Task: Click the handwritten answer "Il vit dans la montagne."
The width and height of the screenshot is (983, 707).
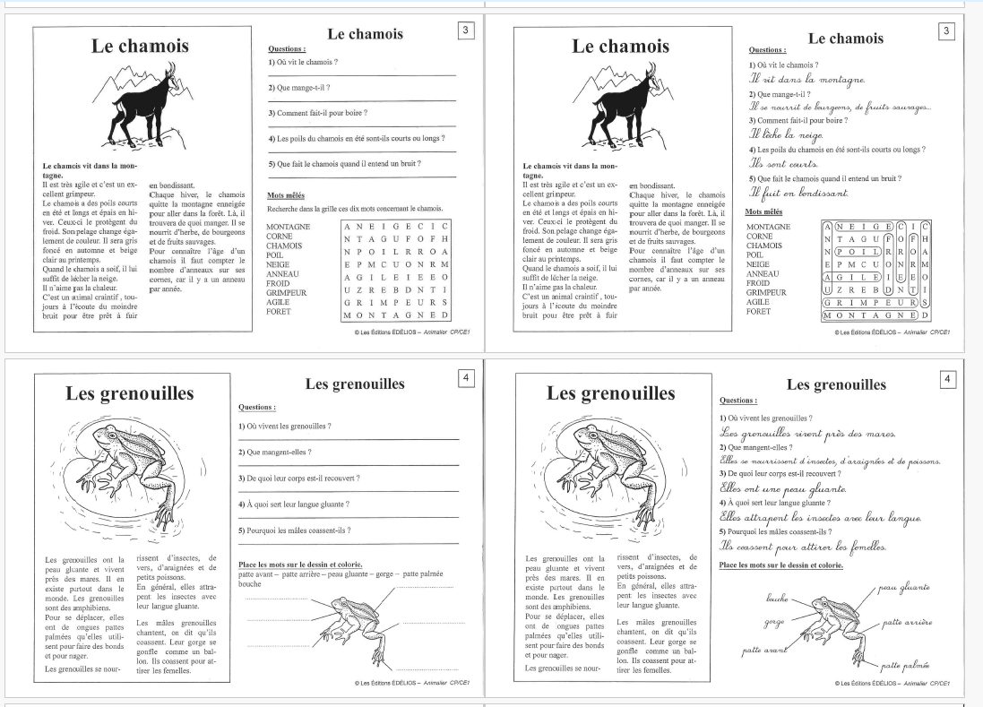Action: (x=806, y=80)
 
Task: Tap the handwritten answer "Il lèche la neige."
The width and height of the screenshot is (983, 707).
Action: (x=786, y=134)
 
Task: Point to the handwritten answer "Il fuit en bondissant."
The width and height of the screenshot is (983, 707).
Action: (x=798, y=193)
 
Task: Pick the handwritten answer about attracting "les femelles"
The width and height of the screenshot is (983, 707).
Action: (x=804, y=546)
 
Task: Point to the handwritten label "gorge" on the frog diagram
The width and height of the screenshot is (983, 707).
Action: (x=773, y=621)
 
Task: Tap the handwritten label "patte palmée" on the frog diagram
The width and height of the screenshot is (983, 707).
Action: (x=904, y=665)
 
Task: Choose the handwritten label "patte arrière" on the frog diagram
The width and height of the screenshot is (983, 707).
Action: (x=908, y=621)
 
